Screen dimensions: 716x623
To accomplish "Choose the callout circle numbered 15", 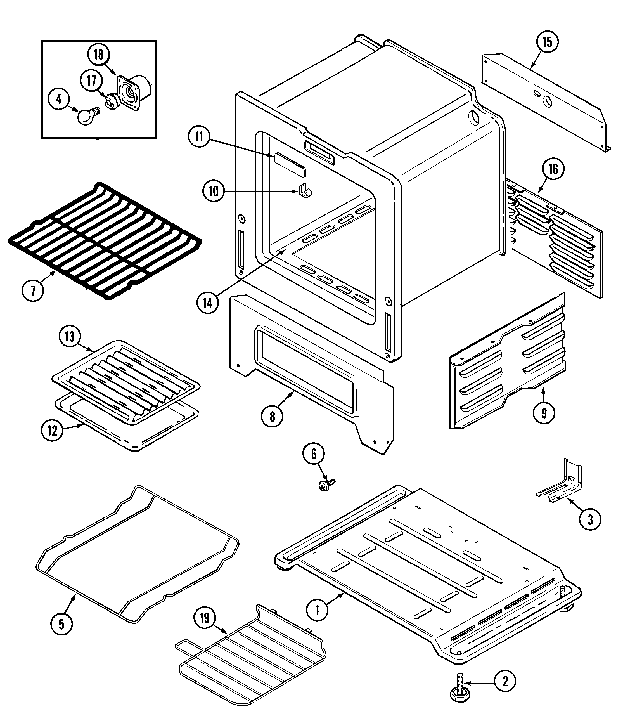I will click(x=547, y=42).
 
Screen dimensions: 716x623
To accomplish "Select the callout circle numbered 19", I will click(x=205, y=618).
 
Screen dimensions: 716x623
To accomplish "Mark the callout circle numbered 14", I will click(x=208, y=303).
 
